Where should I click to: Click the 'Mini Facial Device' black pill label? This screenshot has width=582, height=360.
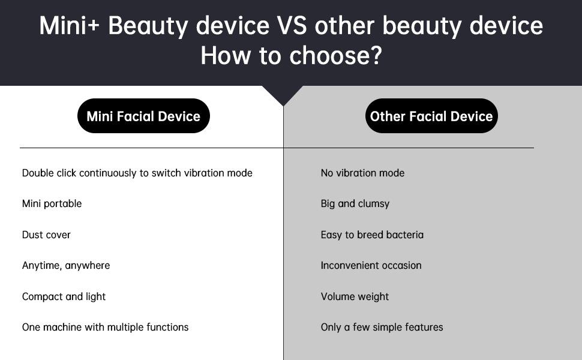point(143,116)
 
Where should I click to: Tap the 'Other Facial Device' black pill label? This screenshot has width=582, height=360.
point(431,116)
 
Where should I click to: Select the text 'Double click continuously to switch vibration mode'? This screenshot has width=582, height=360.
point(137,173)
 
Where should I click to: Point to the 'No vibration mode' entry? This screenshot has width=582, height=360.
point(362,173)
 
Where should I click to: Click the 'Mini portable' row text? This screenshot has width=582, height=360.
point(52,204)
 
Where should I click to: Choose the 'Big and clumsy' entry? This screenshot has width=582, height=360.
point(355,204)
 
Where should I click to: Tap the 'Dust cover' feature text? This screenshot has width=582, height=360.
point(46,235)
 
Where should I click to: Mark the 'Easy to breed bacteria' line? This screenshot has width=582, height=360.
point(372,235)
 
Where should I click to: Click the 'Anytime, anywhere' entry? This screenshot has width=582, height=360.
point(65,266)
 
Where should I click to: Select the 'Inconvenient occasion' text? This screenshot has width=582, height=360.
point(371,265)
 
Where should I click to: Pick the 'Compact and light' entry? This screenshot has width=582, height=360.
point(64,296)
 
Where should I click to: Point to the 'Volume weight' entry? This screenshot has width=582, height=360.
point(355,296)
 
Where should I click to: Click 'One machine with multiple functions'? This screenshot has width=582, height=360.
point(105,327)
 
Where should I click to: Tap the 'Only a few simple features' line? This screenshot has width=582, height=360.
point(382,327)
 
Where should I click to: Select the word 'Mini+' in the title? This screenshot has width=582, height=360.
point(70,26)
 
